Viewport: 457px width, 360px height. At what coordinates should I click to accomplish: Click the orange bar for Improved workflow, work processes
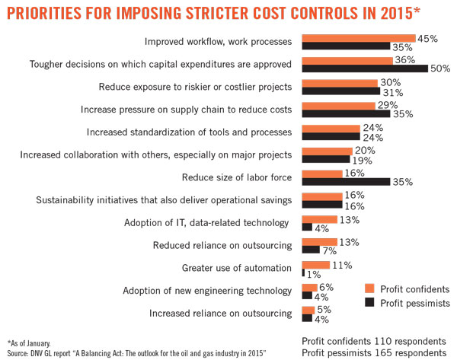pos(358,37)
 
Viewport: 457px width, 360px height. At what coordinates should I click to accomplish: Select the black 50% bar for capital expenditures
pos(365,68)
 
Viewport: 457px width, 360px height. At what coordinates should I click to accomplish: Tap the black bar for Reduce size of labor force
pos(346,182)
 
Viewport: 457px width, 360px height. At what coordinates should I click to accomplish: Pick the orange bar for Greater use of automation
pos(315,264)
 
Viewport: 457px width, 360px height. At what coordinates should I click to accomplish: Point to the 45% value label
pos(427,37)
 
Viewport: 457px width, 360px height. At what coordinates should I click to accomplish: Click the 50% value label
pos(440,68)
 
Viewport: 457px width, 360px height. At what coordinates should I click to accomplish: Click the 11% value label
pos(342,264)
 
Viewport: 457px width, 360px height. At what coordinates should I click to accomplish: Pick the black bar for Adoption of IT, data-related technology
pos(306,227)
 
